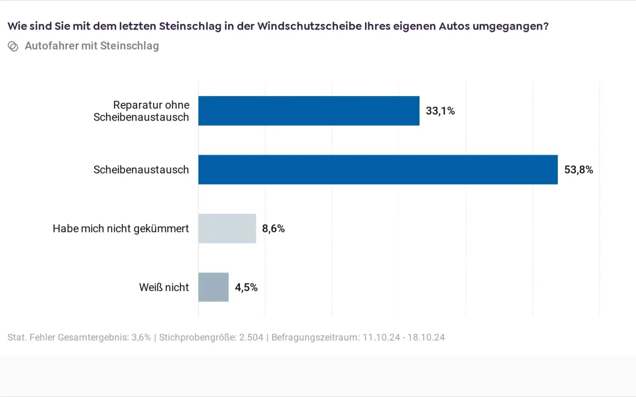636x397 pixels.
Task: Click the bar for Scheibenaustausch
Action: click(x=378, y=169)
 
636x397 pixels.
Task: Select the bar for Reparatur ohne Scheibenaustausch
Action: click(x=308, y=111)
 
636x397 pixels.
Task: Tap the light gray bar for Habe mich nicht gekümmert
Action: click(x=227, y=229)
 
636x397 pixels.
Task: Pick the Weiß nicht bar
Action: click(x=213, y=287)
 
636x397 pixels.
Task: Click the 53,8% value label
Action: click(x=578, y=170)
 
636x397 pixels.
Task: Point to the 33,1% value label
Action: click(x=440, y=111)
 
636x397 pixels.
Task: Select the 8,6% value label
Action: click(x=273, y=229)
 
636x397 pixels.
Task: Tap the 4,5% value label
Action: click(x=246, y=288)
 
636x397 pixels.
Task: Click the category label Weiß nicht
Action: click(x=164, y=288)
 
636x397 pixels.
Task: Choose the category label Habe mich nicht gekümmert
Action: click(x=121, y=229)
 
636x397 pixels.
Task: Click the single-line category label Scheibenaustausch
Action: click(x=141, y=170)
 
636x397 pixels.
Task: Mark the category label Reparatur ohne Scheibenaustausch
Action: click(x=141, y=111)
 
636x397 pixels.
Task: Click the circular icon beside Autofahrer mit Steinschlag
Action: click(x=13, y=46)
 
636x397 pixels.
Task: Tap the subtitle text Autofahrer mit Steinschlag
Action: click(x=92, y=46)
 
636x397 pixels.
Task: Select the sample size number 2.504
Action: click(x=251, y=337)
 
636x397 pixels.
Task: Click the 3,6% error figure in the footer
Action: click(x=141, y=337)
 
